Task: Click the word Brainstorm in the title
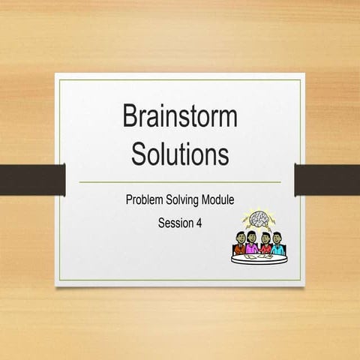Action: pos(179,118)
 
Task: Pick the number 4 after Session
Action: pos(199,222)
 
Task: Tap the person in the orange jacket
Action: pos(236,244)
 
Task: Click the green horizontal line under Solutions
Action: pos(179,181)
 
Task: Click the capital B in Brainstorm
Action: pos(129,118)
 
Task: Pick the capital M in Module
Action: pos(207,200)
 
